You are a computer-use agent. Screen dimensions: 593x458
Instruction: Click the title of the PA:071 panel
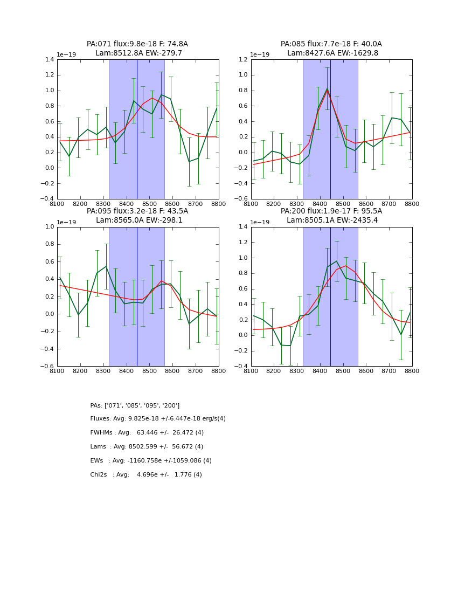click(x=137, y=49)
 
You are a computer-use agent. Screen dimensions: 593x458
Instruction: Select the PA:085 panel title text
click(x=331, y=49)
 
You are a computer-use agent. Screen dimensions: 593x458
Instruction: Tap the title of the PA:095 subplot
click(x=137, y=216)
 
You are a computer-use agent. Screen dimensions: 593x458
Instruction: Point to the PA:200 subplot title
click(x=331, y=216)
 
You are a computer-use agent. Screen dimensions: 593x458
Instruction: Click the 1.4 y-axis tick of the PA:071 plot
click(x=49, y=60)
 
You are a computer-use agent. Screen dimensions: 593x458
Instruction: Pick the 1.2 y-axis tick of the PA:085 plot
click(x=243, y=60)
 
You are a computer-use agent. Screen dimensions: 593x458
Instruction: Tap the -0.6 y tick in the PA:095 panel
click(x=47, y=367)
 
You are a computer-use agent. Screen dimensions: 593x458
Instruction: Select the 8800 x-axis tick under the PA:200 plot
click(x=412, y=372)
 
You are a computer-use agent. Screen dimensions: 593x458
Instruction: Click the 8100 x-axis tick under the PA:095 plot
click(x=57, y=372)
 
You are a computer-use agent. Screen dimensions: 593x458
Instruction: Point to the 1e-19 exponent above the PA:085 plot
click(x=261, y=55)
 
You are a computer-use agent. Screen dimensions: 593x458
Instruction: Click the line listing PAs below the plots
click(x=135, y=405)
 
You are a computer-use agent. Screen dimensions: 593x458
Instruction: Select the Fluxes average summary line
click(x=158, y=419)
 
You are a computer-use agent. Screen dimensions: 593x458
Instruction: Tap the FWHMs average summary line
click(x=147, y=433)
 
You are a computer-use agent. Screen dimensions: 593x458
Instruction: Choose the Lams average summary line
click(x=147, y=447)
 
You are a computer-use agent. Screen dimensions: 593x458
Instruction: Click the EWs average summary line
click(x=151, y=461)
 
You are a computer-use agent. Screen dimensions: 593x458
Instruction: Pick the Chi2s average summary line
click(x=146, y=475)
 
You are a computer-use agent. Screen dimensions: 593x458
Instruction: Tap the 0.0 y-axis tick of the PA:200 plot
click(x=243, y=335)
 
